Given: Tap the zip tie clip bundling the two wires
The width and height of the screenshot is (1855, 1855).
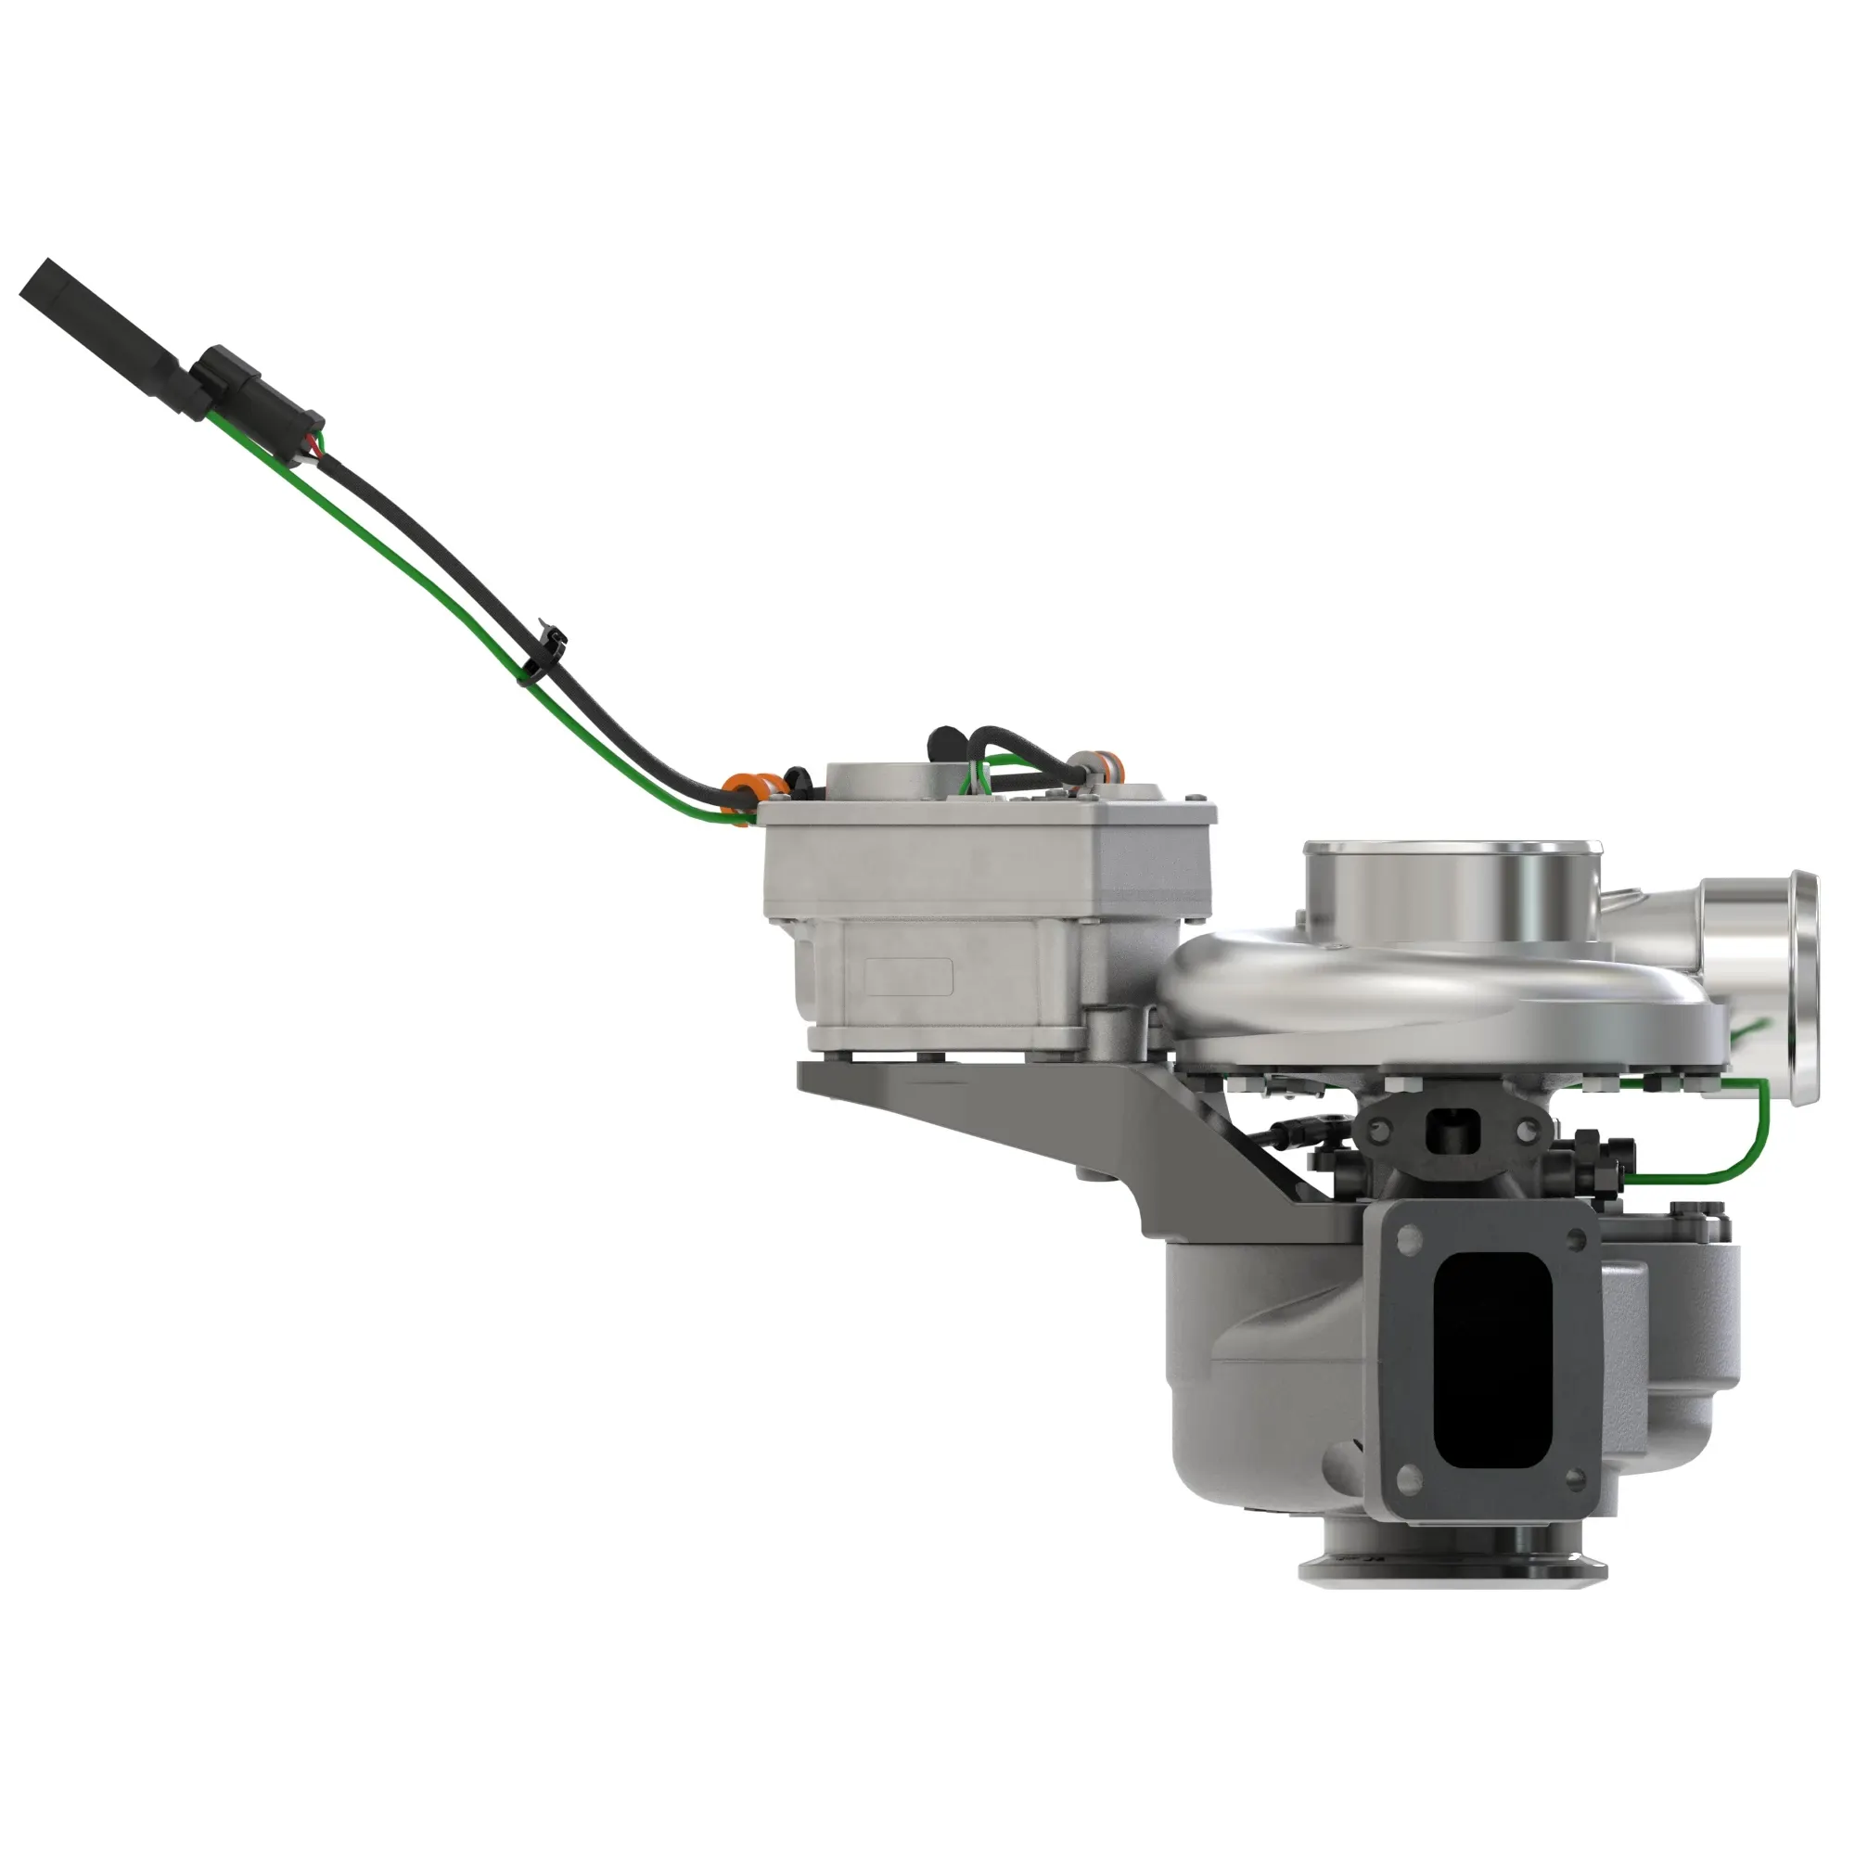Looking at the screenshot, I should coord(544,654).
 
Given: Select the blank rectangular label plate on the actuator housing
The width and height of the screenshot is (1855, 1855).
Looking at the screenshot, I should coord(908,978).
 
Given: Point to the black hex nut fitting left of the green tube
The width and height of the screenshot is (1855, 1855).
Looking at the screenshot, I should coord(1589,1152).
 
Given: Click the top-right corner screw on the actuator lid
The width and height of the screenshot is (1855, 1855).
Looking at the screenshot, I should coord(1196,799).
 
